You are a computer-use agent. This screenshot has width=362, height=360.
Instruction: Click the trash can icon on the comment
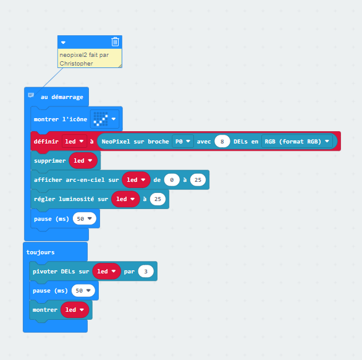[115, 42]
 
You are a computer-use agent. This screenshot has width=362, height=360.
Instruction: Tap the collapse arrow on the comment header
[63, 43]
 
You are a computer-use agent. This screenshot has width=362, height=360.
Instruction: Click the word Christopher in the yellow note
[76, 64]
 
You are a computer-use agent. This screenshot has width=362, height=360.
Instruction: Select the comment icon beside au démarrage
[31, 95]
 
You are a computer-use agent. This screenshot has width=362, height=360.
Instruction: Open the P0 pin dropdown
[183, 141]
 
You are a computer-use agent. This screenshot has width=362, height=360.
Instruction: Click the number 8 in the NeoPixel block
[222, 141]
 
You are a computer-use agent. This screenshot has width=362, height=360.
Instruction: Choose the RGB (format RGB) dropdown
[297, 141]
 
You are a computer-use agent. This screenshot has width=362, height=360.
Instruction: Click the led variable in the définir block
[74, 141]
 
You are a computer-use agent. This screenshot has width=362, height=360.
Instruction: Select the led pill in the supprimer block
[83, 160]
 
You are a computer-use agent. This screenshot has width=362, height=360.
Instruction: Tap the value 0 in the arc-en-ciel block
[172, 180]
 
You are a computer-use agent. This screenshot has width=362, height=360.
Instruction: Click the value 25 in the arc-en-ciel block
[198, 180]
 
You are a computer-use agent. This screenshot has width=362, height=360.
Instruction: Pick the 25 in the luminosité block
[158, 199]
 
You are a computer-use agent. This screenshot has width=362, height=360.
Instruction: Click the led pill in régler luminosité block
[125, 199]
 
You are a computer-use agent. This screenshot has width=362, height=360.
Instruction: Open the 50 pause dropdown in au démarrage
[85, 218]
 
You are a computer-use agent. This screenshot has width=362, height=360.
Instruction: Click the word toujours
[40, 252]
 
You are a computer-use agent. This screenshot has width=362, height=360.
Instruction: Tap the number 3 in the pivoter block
[146, 272]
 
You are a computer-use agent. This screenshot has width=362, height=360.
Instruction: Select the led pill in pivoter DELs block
[106, 271]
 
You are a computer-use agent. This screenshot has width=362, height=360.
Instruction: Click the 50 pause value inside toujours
[83, 291]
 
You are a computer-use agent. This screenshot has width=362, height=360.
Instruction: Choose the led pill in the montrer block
[75, 310]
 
